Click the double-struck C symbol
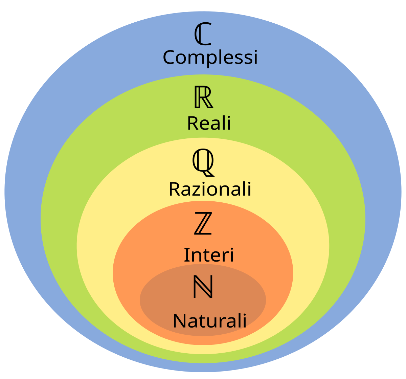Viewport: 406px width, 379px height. click(x=203, y=35)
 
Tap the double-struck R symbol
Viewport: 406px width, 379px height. click(x=204, y=98)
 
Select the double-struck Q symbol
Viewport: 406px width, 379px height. click(x=203, y=162)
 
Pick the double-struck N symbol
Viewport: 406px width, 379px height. click(x=203, y=287)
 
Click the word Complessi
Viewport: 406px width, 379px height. click(x=210, y=57)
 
